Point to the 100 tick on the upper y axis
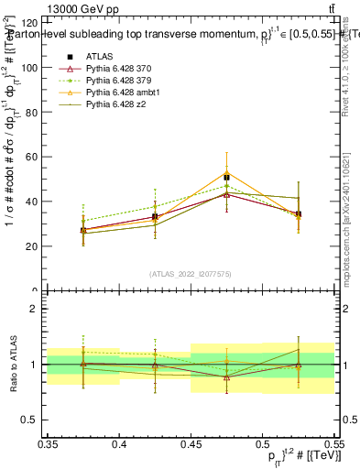pyautogui.click(x=34, y=68)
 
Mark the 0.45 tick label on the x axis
pyautogui.click(x=191, y=443)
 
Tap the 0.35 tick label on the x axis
pyautogui.click(x=49, y=443)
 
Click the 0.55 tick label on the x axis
pyautogui.click(x=333, y=443)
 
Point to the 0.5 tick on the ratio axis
pyautogui.click(x=35, y=420)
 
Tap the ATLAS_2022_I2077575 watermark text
pyautogui.click(x=191, y=273)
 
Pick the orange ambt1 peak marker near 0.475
pyautogui.click(x=226, y=172)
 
